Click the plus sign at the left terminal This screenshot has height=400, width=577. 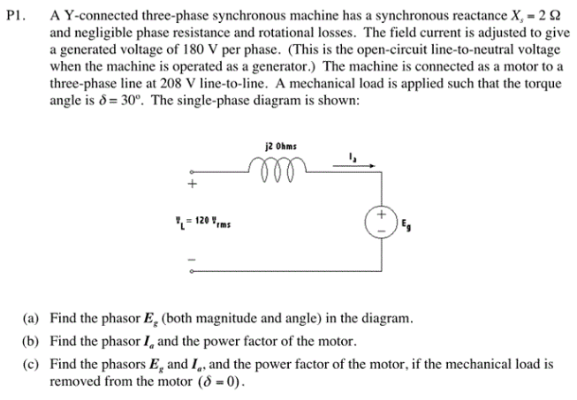[x=188, y=184]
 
